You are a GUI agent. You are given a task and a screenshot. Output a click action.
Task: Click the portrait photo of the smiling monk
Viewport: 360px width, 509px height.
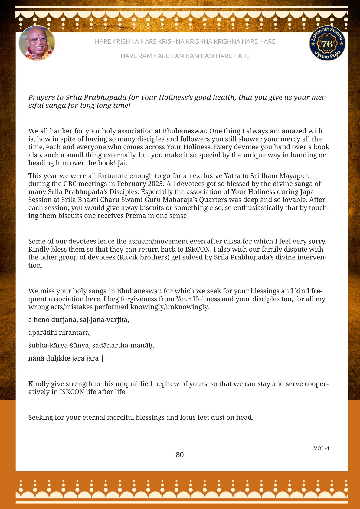click(x=37, y=43)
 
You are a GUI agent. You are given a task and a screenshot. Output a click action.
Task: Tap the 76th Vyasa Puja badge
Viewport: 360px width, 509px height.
click(x=327, y=43)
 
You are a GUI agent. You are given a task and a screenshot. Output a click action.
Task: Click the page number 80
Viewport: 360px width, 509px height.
click(x=180, y=455)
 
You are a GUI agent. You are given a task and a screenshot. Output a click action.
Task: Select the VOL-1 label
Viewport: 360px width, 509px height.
click(x=321, y=448)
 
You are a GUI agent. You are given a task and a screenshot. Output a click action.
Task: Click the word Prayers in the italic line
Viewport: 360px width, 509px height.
click(x=41, y=97)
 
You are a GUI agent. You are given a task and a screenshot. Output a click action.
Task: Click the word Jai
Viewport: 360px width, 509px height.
click(x=122, y=163)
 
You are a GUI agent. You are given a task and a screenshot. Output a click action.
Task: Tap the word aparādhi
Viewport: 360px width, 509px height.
click(x=42, y=333)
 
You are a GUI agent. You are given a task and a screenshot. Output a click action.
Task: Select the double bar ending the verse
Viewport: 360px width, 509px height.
click(x=104, y=358)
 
